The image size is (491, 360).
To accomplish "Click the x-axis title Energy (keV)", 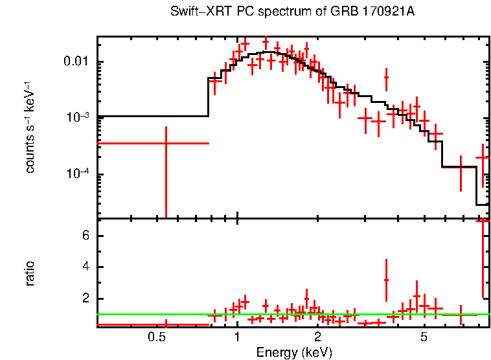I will click(294, 352).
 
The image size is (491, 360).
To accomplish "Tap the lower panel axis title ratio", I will click(30, 273).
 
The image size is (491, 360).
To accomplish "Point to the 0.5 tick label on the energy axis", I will click(156, 337).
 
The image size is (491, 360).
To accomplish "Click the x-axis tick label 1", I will click(237, 337).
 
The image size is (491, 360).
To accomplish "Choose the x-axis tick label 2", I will click(317, 337).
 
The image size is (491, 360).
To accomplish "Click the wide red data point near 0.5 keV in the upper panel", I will click(166, 142).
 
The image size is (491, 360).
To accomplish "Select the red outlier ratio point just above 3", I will click(386, 280).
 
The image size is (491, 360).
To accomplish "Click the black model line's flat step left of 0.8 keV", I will click(153, 117).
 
